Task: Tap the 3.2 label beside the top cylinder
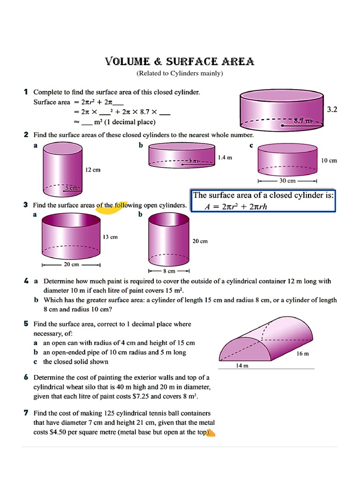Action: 332,110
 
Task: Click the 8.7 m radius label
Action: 303,121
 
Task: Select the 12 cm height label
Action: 93,170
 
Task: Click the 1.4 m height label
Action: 225,158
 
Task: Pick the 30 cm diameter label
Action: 288,181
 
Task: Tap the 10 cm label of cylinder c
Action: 329,160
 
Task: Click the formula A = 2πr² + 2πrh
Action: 236,207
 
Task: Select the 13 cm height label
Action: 110,237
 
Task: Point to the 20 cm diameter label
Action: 71,264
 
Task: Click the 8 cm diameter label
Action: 169,271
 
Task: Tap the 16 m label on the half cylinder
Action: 303,354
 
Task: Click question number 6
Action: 26,377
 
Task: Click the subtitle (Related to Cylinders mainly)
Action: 180,74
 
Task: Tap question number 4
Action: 26,281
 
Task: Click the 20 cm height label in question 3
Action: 200,241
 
